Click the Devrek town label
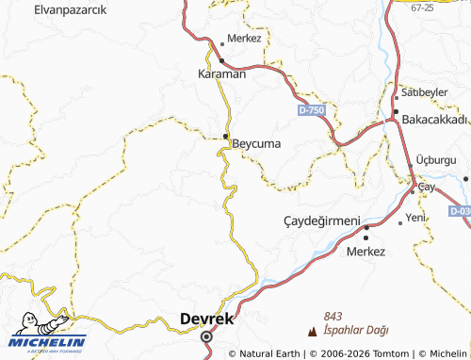206,319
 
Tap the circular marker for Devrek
207,335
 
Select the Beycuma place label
256,144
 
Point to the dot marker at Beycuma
226,138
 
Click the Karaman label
221,74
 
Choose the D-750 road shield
311,111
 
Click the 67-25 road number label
422,8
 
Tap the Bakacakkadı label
434,120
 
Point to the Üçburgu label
435,161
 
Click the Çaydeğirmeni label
322,221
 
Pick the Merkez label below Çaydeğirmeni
366,252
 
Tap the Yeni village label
415,218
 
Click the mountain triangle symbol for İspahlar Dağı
313,331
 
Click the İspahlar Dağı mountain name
355,330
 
